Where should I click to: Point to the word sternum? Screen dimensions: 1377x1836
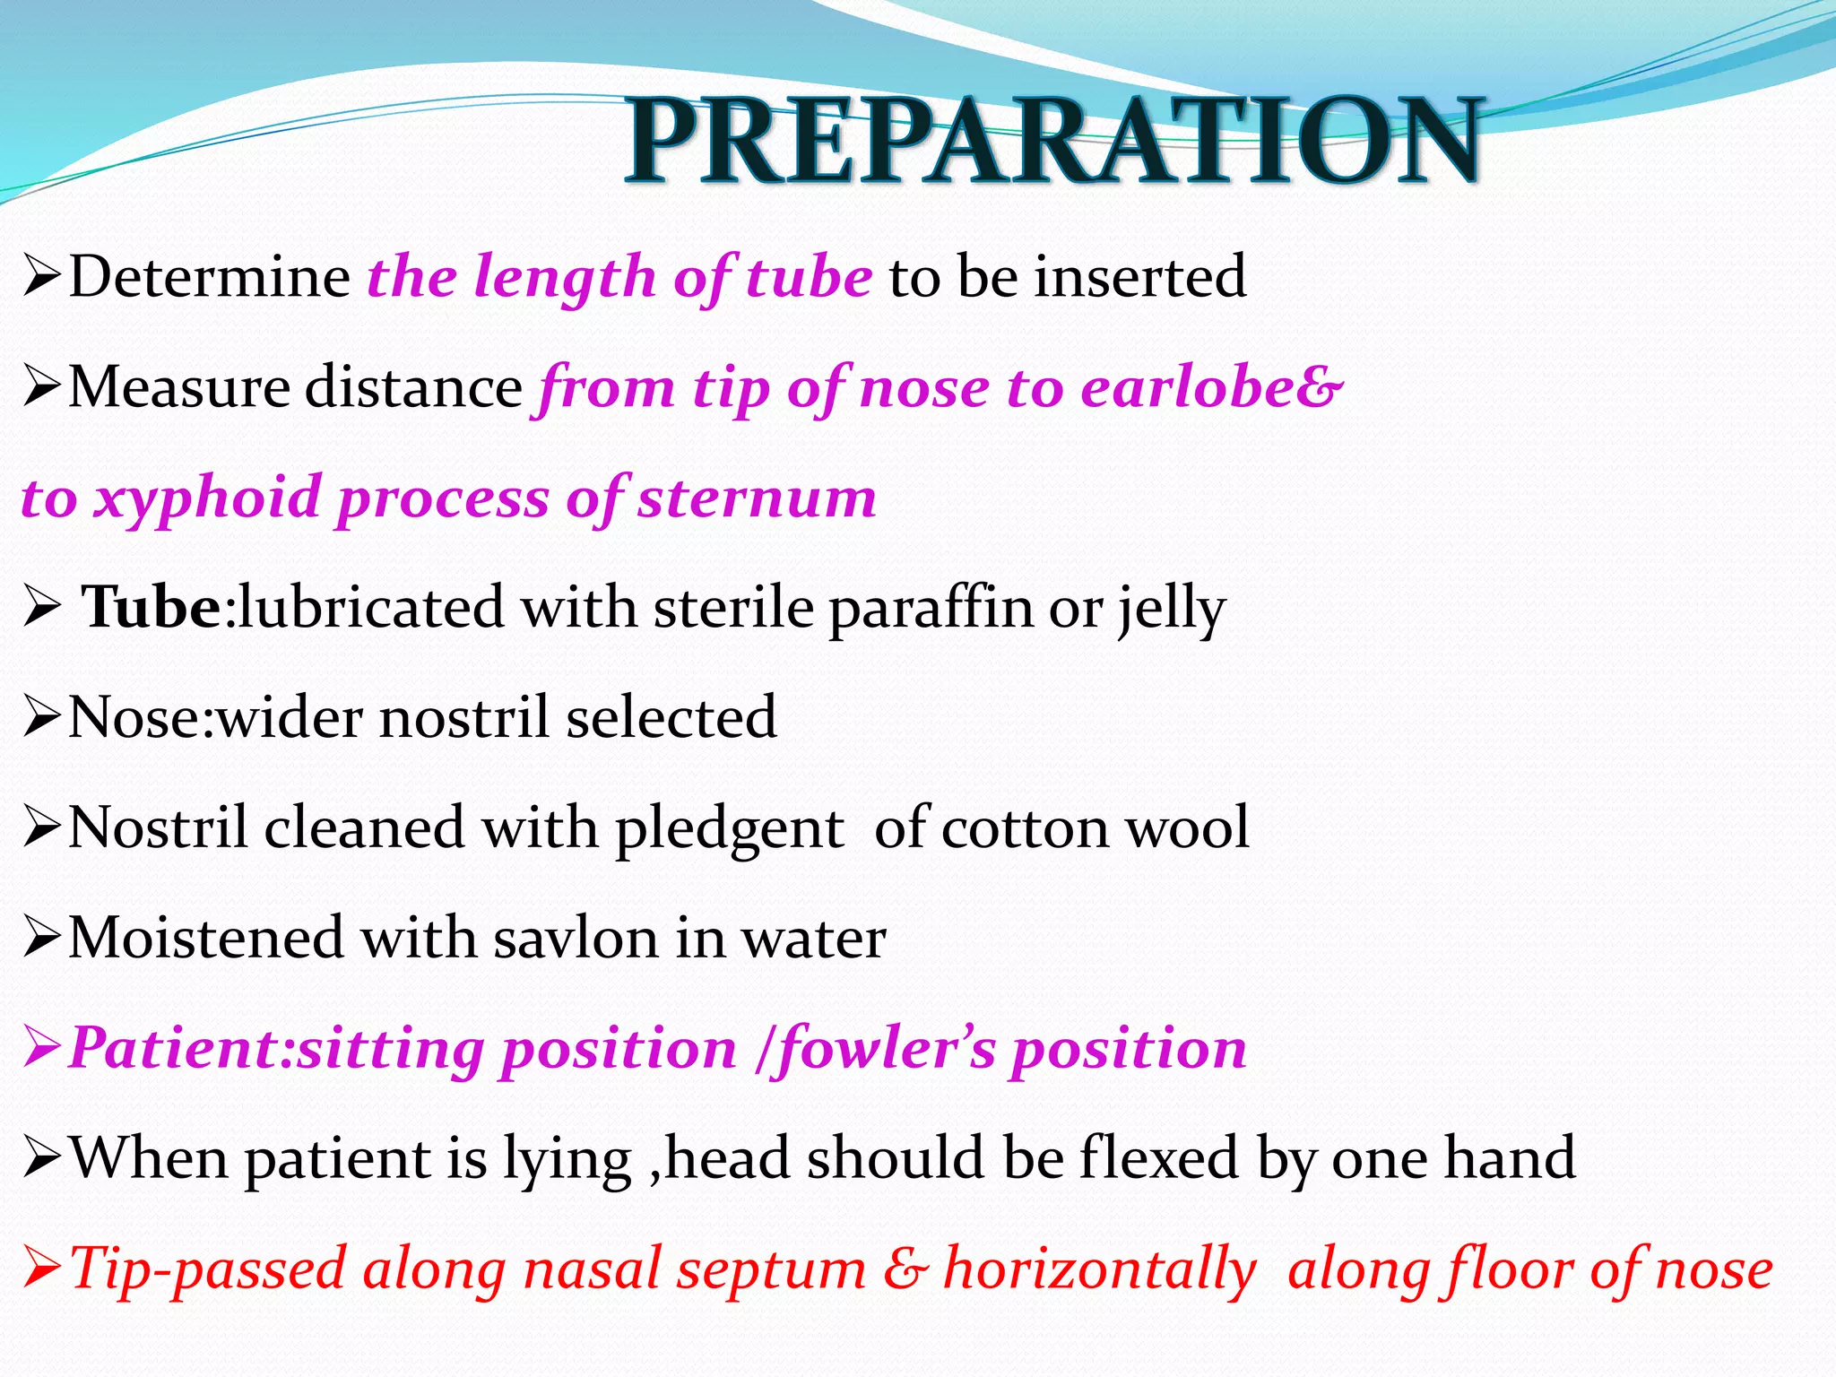pos(757,498)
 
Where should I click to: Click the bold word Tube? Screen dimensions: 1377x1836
pos(151,608)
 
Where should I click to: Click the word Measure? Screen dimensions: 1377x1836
pos(178,387)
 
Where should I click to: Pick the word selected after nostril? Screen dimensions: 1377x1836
pos(671,718)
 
